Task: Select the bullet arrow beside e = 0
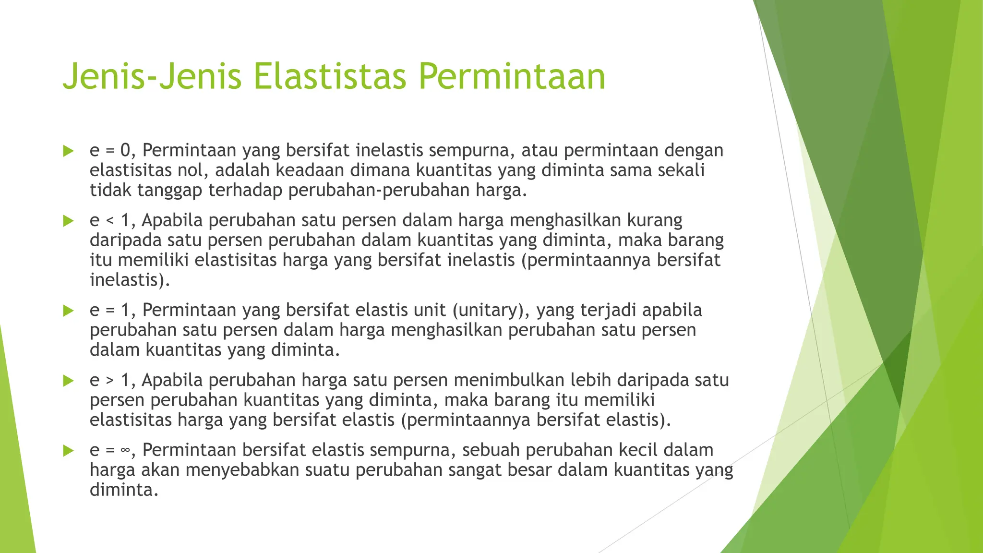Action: pos(68,151)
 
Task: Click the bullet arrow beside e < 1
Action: pos(68,221)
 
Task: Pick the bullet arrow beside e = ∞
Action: pos(68,451)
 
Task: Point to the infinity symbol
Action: pos(125,451)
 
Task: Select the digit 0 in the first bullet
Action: pos(125,151)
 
